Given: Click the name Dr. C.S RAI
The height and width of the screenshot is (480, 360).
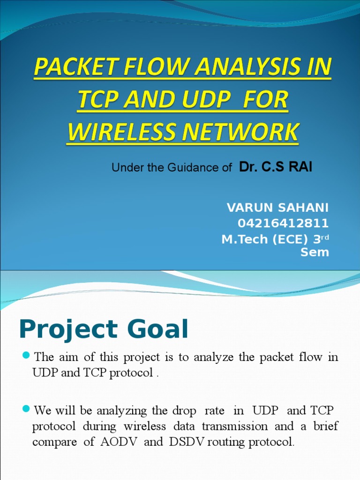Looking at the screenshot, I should pos(275,167).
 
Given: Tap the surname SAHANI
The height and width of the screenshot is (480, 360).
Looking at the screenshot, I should pos(304,208).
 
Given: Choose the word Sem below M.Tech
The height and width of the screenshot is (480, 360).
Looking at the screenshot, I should pos(315,253).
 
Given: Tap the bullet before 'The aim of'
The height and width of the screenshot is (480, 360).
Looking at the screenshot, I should pos(26,355).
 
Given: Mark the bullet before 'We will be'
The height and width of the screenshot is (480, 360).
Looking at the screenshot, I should pos(26,409).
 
